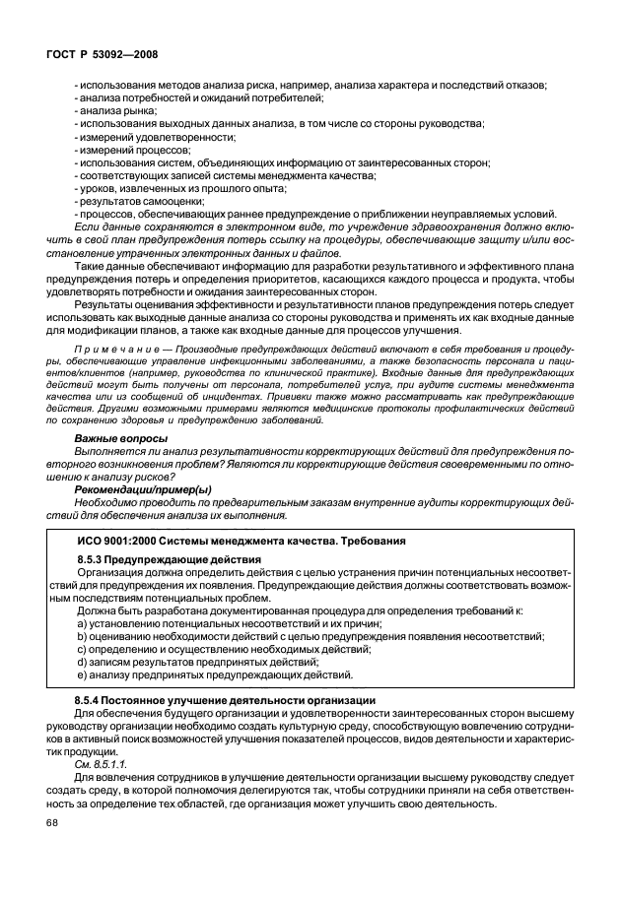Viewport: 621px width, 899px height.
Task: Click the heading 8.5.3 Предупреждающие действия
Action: [x=162, y=559]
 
